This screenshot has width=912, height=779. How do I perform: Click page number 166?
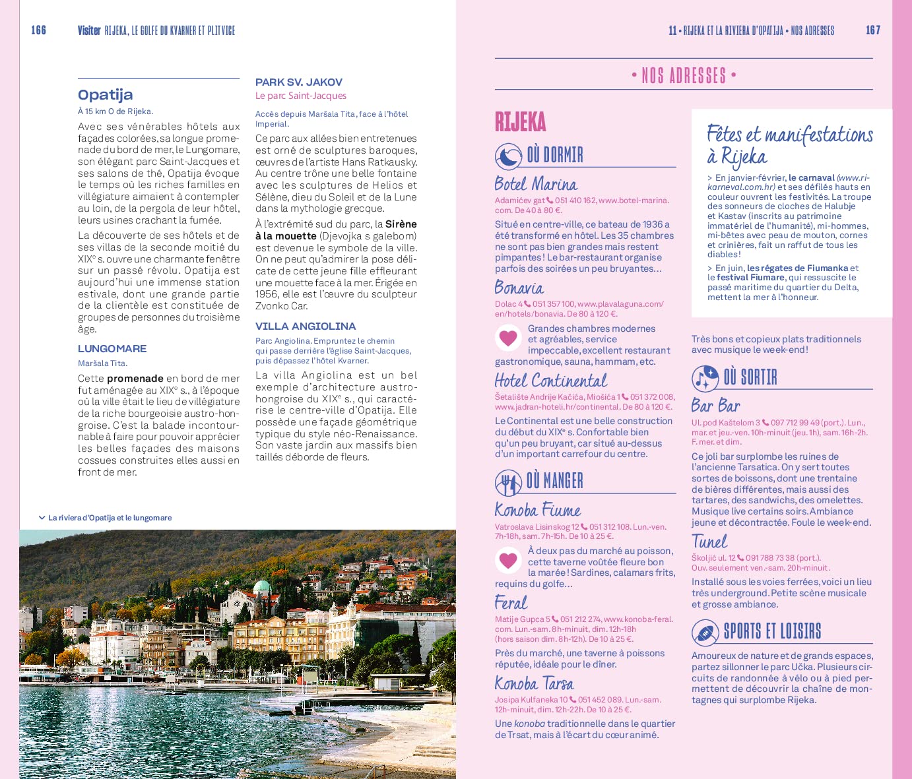[x=39, y=30]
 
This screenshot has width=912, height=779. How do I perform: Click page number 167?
[x=872, y=30]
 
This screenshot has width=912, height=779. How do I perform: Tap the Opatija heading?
[x=106, y=94]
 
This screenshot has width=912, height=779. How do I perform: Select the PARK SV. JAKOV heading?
[x=299, y=82]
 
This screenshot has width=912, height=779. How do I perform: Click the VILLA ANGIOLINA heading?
[x=306, y=327]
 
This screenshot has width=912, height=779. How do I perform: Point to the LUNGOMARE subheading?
[x=112, y=349]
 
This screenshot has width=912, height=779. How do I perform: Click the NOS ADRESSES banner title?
[x=684, y=76]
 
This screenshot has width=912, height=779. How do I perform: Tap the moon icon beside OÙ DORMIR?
[x=508, y=156]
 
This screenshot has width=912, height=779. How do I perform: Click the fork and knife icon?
[x=508, y=483]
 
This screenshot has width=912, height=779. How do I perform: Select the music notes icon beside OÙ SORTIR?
[x=705, y=379]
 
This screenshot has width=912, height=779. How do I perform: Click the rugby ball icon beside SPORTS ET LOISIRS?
[x=705, y=633]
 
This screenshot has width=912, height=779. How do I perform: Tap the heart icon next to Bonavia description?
[x=507, y=338]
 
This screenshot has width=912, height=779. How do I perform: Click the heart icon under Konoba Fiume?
[x=507, y=561]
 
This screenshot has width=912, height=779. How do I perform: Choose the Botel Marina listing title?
[x=536, y=184]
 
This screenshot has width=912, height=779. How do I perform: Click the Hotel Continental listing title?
[x=551, y=381]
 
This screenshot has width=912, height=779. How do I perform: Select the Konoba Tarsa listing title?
[x=534, y=683]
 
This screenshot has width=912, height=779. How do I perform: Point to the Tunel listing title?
[x=709, y=542]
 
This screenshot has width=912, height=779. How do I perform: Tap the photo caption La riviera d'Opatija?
[x=110, y=518]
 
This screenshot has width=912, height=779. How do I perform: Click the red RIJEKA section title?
[x=521, y=122]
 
